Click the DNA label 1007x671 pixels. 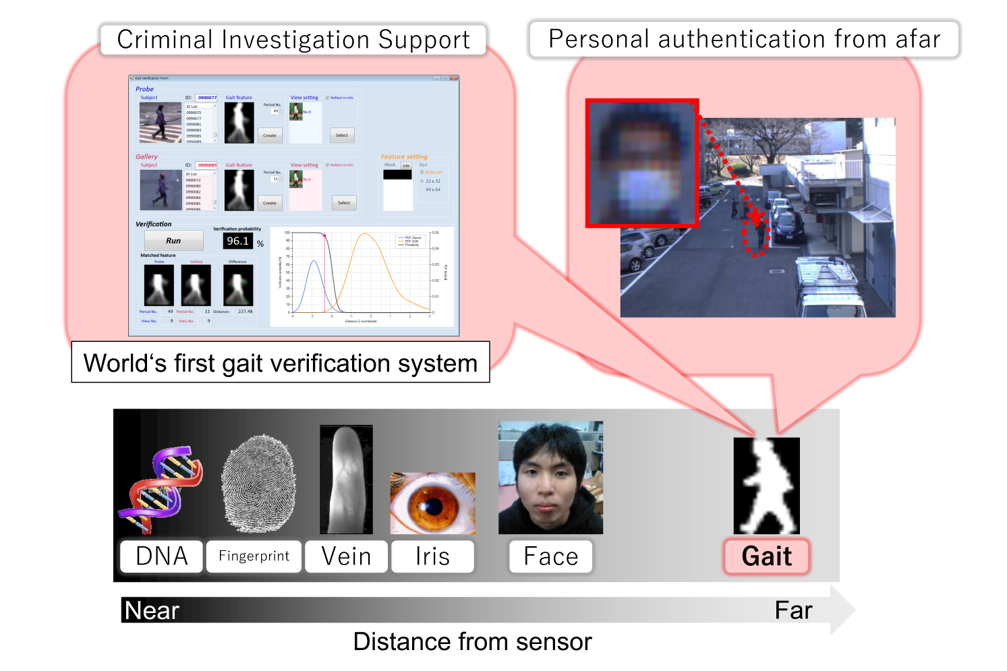(x=161, y=556)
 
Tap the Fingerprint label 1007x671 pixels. (x=254, y=556)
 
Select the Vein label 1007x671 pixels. (x=346, y=556)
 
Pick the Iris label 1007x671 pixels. (x=432, y=556)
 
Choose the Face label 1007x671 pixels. (x=550, y=556)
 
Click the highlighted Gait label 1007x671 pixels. (x=766, y=556)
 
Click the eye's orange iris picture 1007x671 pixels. (x=432, y=503)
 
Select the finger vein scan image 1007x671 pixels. (x=346, y=479)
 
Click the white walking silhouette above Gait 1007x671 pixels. (x=766, y=486)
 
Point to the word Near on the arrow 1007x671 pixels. (x=152, y=610)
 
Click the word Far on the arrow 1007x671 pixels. (x=793, y=610)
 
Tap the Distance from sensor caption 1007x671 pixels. (x=472, y=641)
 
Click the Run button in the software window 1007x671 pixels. (x=173, y=241)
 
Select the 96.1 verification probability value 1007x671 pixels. (x=237, y=241)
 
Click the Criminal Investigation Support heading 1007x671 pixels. (x=293, y=40)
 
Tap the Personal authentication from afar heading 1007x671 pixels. (x=744, y=39)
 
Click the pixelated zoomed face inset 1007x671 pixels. (x=642, y=163)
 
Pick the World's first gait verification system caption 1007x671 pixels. (x=281, y=363)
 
